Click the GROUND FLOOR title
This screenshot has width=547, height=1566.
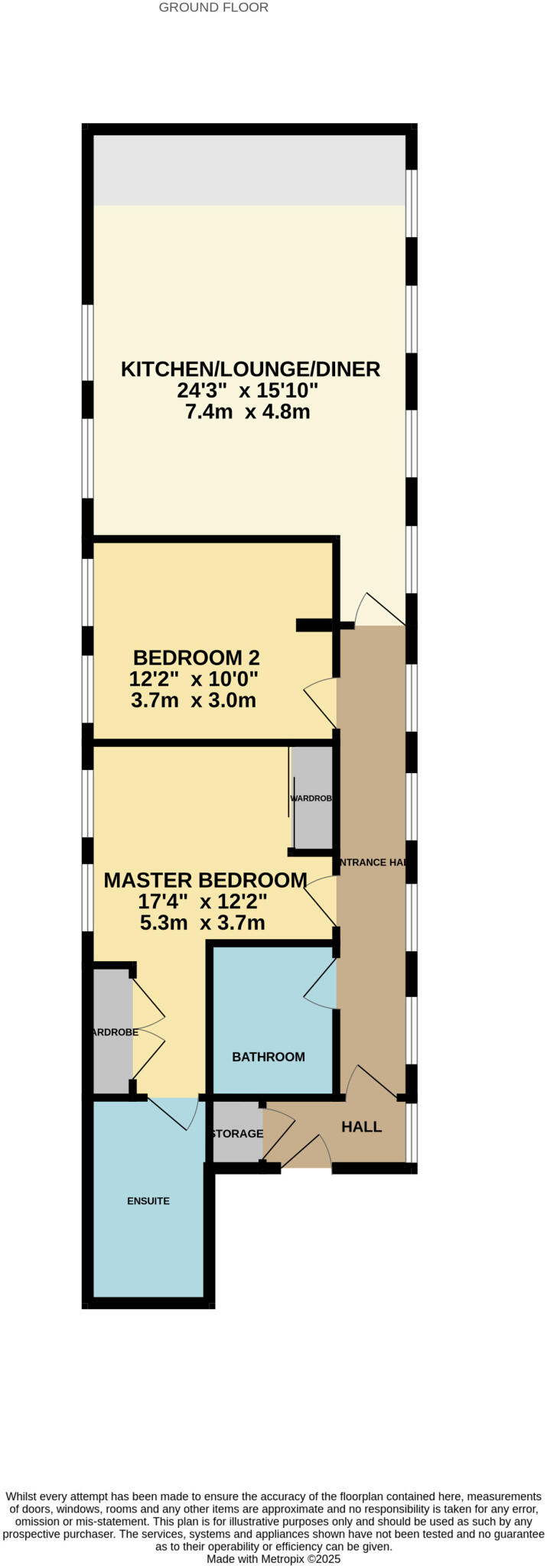pyautogui.click(x=213, y=8)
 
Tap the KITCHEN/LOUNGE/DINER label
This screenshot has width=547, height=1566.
pyautogui.click(x=250, y=369)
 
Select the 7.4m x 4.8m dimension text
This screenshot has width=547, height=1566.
pyautogui.click(x=247, y=413)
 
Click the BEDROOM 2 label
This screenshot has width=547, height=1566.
pyautogui.click(x=196, y=658)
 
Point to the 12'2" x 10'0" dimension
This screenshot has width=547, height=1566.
pyautogui.click(x=194, y=679)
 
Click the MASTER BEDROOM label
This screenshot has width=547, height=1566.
pyautogui.click(x=205, y=880)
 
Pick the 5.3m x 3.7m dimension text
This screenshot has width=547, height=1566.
pyautogui.click(x=202, y=923)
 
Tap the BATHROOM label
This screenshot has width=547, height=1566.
pyautogui.click(x=269, y=1057)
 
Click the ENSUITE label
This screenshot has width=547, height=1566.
pyautogui.click(x=148, y=1200)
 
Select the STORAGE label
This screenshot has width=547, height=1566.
pyautogui.click(x=237, y=1133)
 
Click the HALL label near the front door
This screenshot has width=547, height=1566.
pyautogui.click(x=361, y=1126)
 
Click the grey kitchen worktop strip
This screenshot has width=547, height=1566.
pyautogui.click(x=249, y=171)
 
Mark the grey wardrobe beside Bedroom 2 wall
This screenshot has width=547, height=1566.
pyautogui.click(x=311, y=798)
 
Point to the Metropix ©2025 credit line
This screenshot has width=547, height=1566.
pyautogui.click(x=273, y=1558)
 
